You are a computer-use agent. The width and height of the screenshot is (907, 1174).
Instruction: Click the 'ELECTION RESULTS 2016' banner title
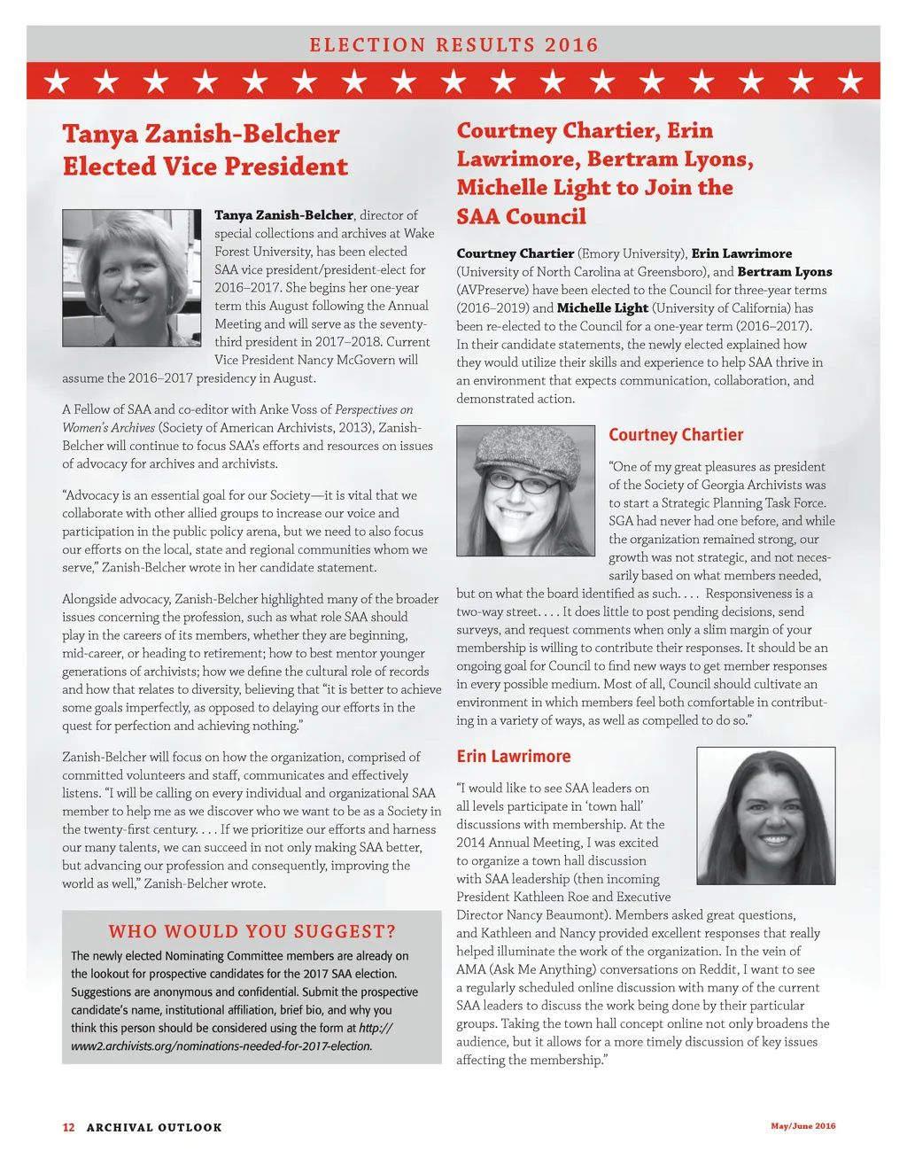click(453, 45)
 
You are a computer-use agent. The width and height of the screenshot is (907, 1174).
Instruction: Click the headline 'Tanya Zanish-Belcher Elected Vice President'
click(205, 150)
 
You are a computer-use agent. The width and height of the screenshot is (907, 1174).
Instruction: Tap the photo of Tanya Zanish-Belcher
click(132, 278)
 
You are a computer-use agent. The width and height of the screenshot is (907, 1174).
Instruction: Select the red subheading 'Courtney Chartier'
click(676, 435)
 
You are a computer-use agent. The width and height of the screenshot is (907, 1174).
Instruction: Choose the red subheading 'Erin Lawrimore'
click(514, 757)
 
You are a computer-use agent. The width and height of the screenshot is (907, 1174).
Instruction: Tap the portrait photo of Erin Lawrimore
click(766, 815)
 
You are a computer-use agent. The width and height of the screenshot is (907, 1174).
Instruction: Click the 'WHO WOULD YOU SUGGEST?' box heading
click(252, 931)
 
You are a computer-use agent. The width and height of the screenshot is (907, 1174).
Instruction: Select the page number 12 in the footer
click(68, 1127)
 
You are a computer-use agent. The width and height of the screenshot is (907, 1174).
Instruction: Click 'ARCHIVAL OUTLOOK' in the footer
click(154, 1127)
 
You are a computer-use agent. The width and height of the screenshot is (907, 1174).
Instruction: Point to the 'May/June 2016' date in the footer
click(802, 1126)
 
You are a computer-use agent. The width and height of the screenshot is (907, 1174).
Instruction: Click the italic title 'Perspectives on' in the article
click(374, 409)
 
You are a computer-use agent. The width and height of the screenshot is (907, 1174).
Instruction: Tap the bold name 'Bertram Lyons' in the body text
click(785, 272)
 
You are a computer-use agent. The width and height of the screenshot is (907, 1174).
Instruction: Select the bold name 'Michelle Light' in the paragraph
click(602, 308)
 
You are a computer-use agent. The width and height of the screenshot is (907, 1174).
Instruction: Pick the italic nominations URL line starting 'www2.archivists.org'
click(221, 1046)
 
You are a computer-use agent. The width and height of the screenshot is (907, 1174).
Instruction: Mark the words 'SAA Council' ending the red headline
click(521, 216)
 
